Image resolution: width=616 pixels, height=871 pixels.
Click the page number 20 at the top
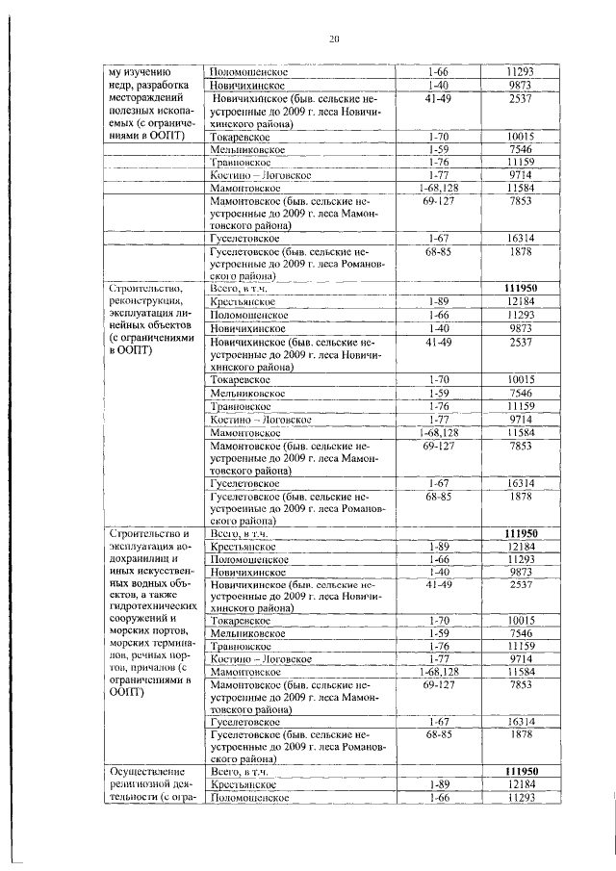pos(334,38)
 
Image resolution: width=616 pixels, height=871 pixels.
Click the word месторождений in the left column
pos(144,98)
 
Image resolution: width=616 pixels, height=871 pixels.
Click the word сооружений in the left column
pos(141,621)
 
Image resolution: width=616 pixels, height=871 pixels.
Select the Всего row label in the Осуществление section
pos(237,771)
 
